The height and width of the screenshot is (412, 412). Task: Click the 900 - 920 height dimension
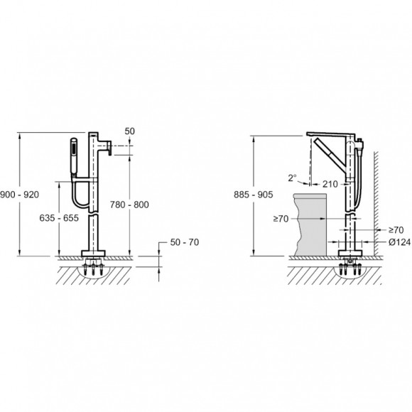coord(19,195)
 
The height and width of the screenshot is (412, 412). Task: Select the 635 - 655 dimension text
coord(59,218)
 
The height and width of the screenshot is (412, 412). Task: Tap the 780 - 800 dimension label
coord(129,205)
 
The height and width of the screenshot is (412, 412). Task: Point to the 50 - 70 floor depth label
coord(185,242)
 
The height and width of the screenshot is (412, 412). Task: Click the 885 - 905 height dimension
coord(254,195)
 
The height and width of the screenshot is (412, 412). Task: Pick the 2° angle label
coord(292,178)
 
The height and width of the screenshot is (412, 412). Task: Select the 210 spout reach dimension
coord(330,184)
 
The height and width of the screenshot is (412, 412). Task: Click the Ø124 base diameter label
coord(399,242)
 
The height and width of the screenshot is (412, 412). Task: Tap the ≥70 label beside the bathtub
coord(281,219)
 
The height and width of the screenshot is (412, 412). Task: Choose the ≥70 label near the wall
coord(396,230)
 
